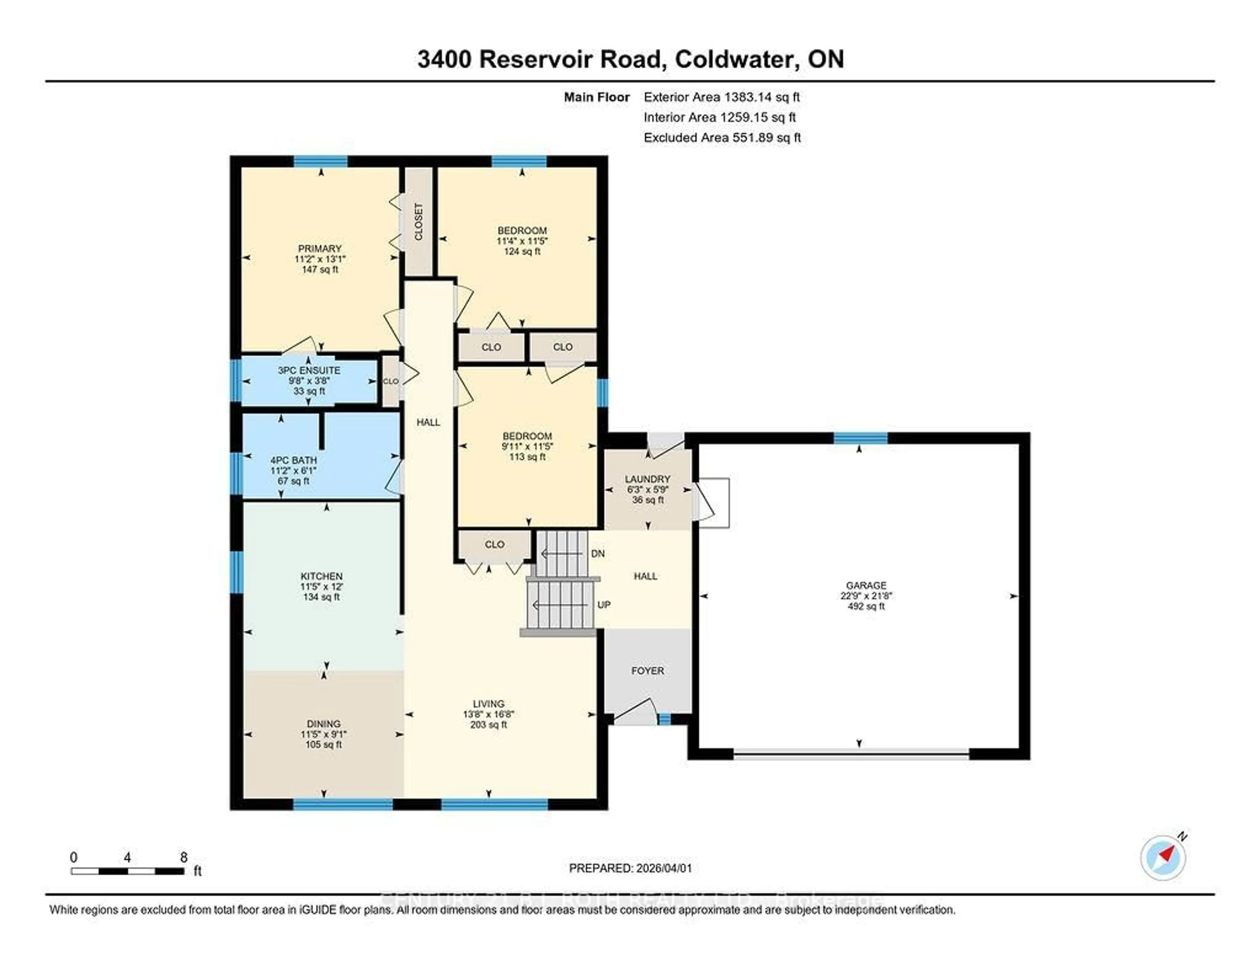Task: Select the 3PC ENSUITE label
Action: (x=309, y=370)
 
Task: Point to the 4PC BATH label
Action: (x=294, y=460)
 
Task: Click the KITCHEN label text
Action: (x=321, y=576)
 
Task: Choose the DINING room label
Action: (x=324, y=724)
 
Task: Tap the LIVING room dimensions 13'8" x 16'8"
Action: (x=489, y=714)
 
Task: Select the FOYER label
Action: (x=647, y=671)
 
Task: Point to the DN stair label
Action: (x=598, y=554)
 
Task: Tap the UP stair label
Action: (x=603, y=605)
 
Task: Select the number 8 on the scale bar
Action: (x=183, y=858)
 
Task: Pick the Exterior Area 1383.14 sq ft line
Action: (x=721, y=97)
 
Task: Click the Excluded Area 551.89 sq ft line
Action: (x=722, y=137)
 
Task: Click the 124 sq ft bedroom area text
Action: (x=522, y=252)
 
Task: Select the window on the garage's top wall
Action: (x=860, y=438)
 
